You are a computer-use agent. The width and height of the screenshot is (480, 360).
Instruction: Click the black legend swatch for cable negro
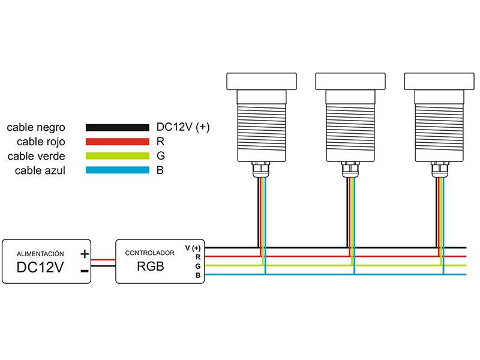(x=117, y=127)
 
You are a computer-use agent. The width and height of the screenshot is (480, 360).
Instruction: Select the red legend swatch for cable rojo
(x=117, y=142)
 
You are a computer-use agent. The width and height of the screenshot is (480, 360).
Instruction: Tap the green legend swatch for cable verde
(x=117, y=156)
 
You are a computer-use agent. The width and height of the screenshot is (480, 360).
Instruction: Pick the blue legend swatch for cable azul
(x=117, y=170)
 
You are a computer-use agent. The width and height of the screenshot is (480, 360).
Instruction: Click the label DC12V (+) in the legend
(x=182, y=127)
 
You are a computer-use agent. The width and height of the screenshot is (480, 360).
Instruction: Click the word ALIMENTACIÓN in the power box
(x=40, y=254)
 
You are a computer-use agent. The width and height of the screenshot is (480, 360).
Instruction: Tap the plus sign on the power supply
(x=85, y=254)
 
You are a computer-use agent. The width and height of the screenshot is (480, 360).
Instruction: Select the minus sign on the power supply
(x=85, y=271)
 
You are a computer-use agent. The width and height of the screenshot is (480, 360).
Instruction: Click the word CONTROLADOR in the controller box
(x=149, y=253)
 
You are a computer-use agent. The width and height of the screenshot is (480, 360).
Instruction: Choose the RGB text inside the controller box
(x=150, y=266)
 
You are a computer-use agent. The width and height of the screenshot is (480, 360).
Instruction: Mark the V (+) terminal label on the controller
(x=193, y=248)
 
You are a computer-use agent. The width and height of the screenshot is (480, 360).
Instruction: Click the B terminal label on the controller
(x=197, y=275)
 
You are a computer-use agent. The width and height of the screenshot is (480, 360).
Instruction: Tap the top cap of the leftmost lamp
(x=262, y=80)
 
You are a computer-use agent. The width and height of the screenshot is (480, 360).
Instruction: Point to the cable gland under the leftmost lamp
(x=262, y=170)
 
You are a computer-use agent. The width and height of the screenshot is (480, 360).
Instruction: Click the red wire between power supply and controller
(x=103, y=260)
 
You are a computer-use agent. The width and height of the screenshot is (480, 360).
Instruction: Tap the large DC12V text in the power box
(x=40, y=268)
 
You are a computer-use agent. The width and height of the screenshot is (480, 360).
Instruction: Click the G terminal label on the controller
(x=197, y=265)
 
